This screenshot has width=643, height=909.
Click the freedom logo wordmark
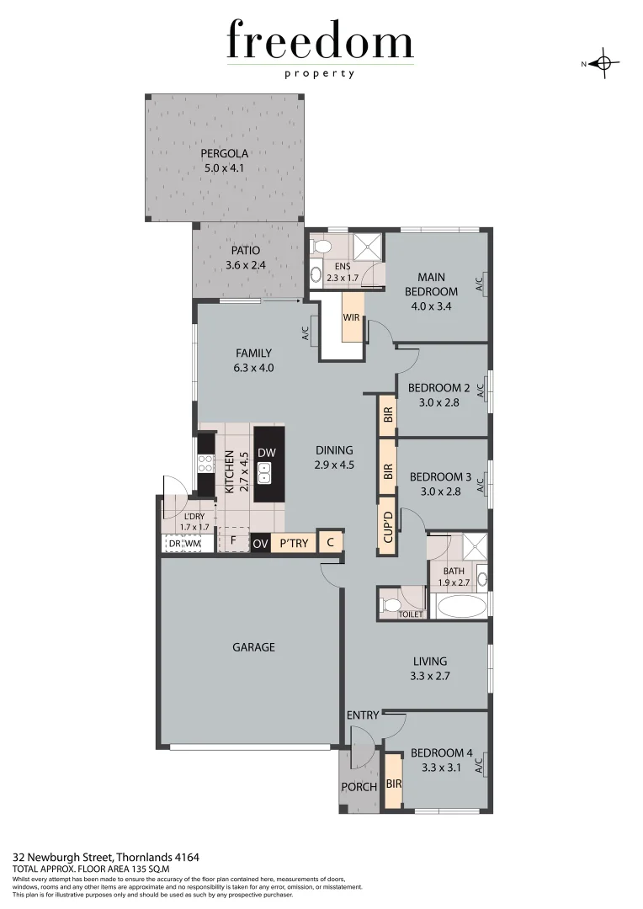pyautogui.click(x=320, y=42)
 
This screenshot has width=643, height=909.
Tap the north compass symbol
pyautogui.click(x=604, y=63)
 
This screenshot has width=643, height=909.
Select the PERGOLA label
pyautogui.click(x=224, y=154)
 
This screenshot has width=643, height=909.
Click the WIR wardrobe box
pyautogui.click(x=352, y=317)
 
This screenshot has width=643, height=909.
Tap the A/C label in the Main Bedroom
pyautogui.click(x=479, y=284)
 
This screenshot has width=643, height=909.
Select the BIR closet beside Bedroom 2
pyautogui.click(x=387, y=414)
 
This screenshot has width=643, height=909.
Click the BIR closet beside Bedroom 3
pyautogui.click(x=387, y=471)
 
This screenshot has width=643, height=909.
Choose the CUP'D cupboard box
pyautogui.click(x=387, y=525)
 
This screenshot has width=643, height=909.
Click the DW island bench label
pyautogui.click(x=267, y=453)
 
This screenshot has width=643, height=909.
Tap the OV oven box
pyautogui.click(x=260, y=543)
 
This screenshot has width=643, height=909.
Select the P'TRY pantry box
pyautogui.click(x=294, y=543)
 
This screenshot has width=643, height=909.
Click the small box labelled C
pyautogui.click(x=331, y=542)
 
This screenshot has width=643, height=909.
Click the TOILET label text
pyautogui.click(x=412, y=614)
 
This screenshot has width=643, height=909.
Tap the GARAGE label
pyautogui.click(x=253, y=647)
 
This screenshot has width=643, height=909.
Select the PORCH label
pyautogui.click(x=359, y=788)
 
